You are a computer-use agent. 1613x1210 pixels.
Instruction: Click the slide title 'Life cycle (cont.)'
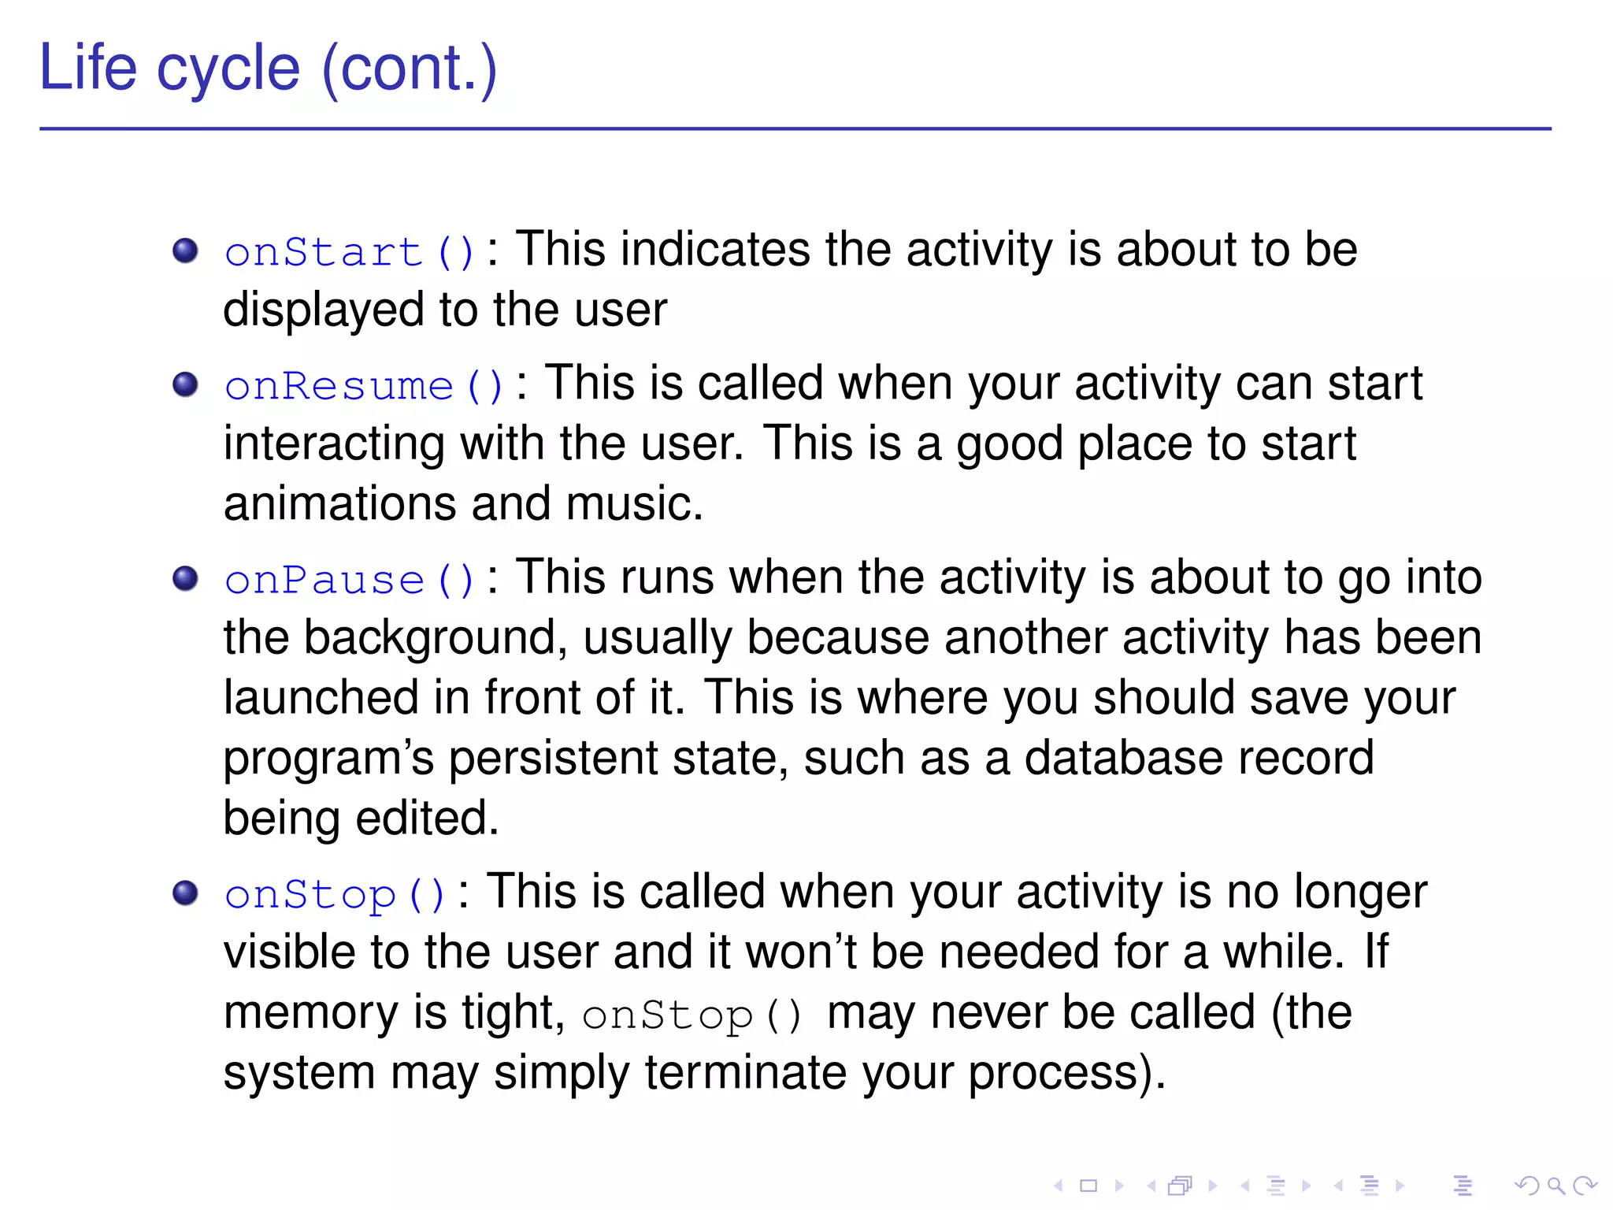[x=268, y=69]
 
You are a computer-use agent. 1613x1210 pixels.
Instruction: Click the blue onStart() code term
[x=349, y=253]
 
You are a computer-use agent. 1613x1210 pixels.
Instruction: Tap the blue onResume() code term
[x=363, y=386]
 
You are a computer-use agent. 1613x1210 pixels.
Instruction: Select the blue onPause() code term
[x=349, y=581]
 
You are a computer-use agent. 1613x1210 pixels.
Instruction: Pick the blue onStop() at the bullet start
[x=335, y=895]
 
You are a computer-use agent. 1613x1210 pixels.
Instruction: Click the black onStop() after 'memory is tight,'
[x=692, y=1015]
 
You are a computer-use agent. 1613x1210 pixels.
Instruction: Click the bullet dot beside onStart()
[x=185, y=251]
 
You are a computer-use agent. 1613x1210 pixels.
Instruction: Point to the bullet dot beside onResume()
[x=185, y=384]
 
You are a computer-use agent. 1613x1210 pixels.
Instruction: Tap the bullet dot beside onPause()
[x=185, y=579]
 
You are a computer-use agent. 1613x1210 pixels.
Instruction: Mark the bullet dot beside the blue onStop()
[x=185, y=893]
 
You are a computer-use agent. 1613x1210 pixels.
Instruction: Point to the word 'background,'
[x=436, y=638]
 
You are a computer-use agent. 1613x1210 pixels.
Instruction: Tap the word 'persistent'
[x=553, y=759]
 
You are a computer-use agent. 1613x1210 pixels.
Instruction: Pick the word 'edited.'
[x=428, y=818]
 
